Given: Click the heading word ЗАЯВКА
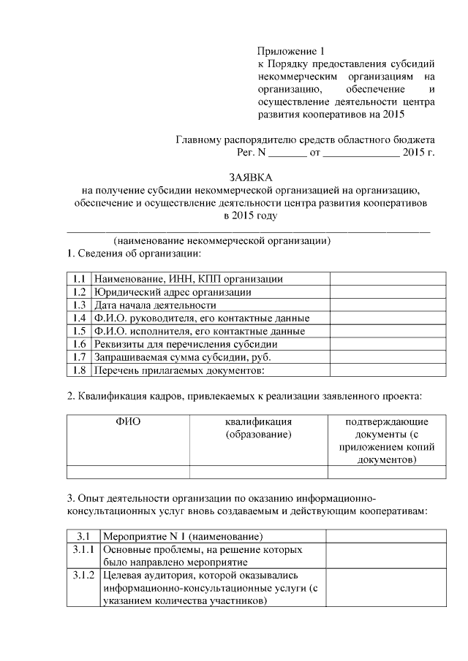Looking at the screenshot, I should click(x=249, y=177).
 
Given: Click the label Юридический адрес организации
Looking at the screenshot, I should click(x=173, y=291).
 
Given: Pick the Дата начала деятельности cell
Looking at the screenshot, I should click(x=155, y=305).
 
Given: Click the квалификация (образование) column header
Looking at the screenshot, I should click(x=258, y=429).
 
